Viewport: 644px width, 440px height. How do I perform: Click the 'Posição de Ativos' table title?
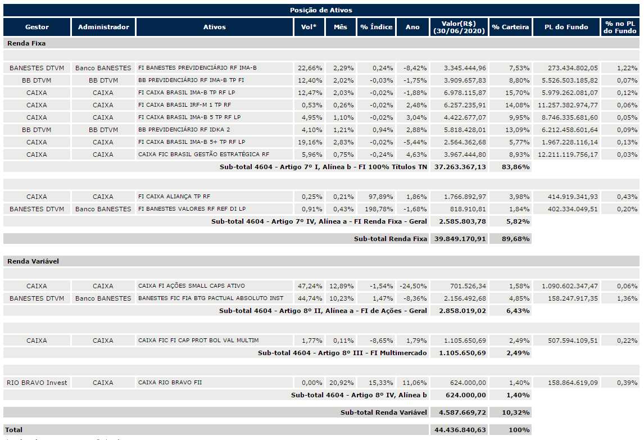pyautogui.click(x=321, y=10)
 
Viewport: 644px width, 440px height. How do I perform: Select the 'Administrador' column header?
pyautogui.click(x=103, y=27)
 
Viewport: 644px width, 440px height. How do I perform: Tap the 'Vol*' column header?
pyautogui.click(x=309, y=27)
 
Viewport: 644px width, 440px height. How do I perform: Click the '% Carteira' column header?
pyautogui.click(x=510, y=27)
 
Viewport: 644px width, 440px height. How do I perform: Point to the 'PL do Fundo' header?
pyautogui.click(x=566, y=27)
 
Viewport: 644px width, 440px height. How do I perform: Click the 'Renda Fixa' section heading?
pyautogui.click(x=26, y=43)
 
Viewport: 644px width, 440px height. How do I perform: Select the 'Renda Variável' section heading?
pyautogui.click(x=33, y=261)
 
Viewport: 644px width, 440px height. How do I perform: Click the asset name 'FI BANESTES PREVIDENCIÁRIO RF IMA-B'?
pyautogui.click(x=197, y=68)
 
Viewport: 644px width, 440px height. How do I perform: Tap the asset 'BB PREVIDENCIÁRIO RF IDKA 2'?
pyautogui.click(x=184, y=130)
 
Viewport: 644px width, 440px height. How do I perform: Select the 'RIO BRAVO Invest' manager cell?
pyautogui.click(x=37, y=383)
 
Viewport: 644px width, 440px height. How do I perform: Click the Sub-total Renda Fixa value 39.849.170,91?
pyautogui.click(x=460, y=239)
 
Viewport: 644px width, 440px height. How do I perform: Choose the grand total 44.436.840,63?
pyautogui.click(x=460, y=430)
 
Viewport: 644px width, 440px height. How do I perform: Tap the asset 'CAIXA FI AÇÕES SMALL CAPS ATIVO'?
pyautogui.click(x=192, y=286)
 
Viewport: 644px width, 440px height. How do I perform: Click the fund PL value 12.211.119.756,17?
pyautogui.click(x=568, y=155)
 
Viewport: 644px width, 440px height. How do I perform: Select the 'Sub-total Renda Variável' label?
pyautogui.click(x=384, y=412)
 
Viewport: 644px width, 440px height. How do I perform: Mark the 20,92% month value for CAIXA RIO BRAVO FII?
pyautogui.click(x=341, y=383)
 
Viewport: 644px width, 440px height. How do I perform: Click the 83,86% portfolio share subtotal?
pyautogui.click(x=515, y=167)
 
